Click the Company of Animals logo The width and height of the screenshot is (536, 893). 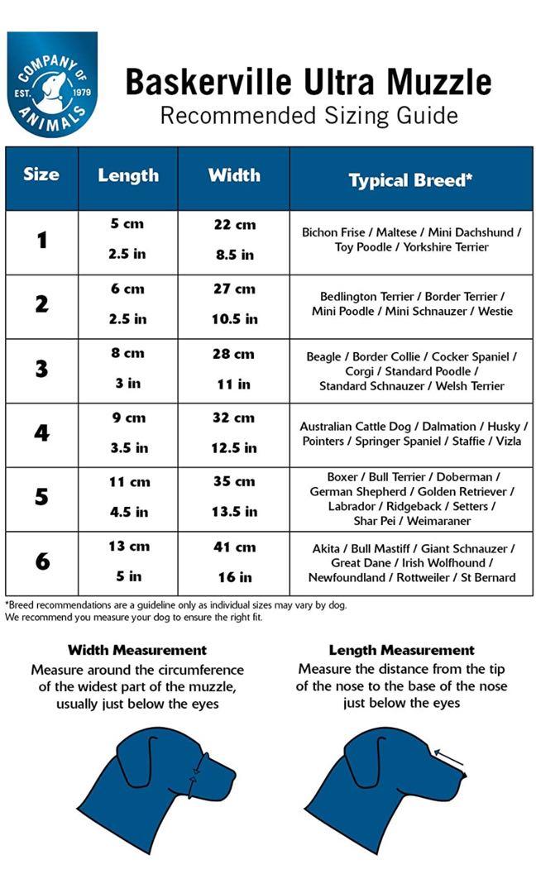click(52, 83)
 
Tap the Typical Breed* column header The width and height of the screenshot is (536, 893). click(410, 180)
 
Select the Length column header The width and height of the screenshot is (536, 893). click(128, 175)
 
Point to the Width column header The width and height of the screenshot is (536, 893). click(234, 175)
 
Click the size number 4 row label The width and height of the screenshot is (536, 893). click(41, 433)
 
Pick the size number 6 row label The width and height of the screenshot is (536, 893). click(41, 561)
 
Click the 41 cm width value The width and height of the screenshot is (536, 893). click(234, 547)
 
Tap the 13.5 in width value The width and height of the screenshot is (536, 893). click(234, 512)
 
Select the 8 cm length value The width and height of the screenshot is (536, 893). click(128, 353)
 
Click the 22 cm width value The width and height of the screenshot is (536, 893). click(234, 225)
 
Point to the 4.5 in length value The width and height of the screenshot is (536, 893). click(128, 512)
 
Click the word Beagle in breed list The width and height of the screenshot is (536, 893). click(323, 356)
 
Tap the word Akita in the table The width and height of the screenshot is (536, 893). click(328, 548)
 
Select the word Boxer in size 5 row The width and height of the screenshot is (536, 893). click(343, 477)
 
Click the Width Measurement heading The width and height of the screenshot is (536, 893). click(137, 650)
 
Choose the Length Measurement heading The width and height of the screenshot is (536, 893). click(401, 650)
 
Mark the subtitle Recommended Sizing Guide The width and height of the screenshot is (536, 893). click(309, 115)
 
